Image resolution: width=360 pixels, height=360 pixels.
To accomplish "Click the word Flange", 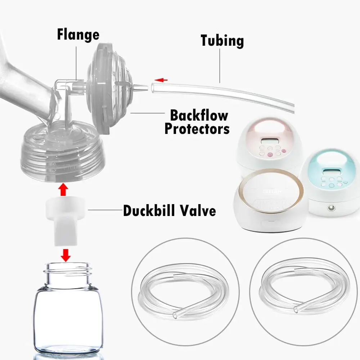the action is [x=78, y=35].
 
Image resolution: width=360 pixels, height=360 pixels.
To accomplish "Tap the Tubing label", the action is [x=222, y=41].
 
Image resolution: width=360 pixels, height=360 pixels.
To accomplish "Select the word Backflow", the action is [x=199, y=115].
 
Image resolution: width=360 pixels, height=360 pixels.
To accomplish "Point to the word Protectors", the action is [x=197, y=129].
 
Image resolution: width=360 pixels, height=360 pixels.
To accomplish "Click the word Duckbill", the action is [x=148, y=210].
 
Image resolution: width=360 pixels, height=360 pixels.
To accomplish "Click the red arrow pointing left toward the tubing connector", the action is [x=161, y=80].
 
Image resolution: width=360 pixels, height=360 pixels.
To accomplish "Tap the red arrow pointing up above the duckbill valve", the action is [x=63, y=189].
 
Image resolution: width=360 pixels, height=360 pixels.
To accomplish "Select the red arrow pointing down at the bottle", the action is [x=66, y=255].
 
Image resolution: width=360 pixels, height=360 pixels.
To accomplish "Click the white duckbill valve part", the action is [x=65, y=221].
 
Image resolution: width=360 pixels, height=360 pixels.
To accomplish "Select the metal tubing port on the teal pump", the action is [x=332, y=208].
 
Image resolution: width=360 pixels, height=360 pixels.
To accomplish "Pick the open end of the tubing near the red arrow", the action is [x=153, y=87].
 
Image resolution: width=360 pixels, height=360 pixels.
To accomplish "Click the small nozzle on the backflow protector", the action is [x=140, y=88].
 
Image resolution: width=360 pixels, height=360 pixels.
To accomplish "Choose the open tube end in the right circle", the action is [x=296, y=310].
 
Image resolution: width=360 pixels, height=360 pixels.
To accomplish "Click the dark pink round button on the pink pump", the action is [x=270, y=154].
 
